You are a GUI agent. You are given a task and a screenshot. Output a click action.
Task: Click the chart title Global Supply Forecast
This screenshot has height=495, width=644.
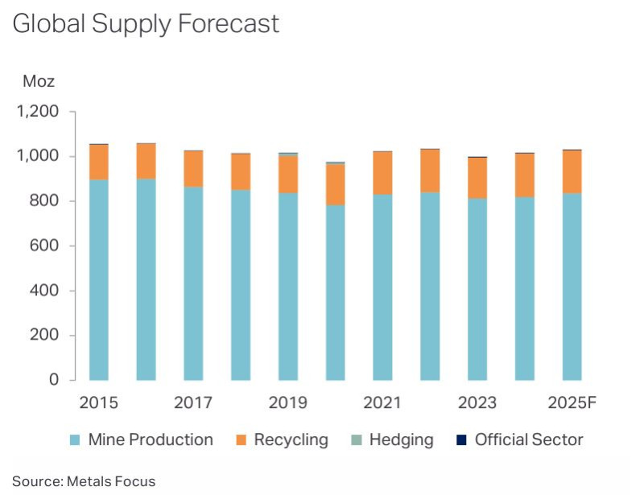pos(146,24)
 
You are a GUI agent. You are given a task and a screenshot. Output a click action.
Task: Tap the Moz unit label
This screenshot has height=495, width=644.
pos(38,81)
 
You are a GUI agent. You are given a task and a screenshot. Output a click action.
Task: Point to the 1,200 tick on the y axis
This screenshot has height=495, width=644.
pos(38,112)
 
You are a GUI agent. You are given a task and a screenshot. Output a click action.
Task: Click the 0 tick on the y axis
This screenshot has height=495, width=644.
pos(54,380)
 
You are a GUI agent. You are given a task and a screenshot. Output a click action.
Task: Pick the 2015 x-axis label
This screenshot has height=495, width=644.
pos(98,402)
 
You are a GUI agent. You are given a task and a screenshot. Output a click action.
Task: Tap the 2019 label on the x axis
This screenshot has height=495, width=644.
pos(288,402)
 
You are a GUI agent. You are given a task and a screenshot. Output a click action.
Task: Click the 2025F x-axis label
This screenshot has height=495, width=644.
pos(571,402)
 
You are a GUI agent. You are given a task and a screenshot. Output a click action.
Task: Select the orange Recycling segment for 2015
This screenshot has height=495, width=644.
pos(99,162)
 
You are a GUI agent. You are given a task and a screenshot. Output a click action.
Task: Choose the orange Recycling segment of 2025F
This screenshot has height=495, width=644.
pos(572,171)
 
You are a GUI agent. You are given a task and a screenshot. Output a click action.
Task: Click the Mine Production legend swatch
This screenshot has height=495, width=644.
pos(75,440)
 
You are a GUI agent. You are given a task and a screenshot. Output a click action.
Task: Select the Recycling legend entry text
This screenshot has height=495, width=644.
pos(291,440)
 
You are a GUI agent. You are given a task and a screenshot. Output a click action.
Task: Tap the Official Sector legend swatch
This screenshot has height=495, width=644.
pos(461,440)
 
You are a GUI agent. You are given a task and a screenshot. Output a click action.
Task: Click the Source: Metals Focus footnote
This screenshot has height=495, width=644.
pos(83,481)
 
